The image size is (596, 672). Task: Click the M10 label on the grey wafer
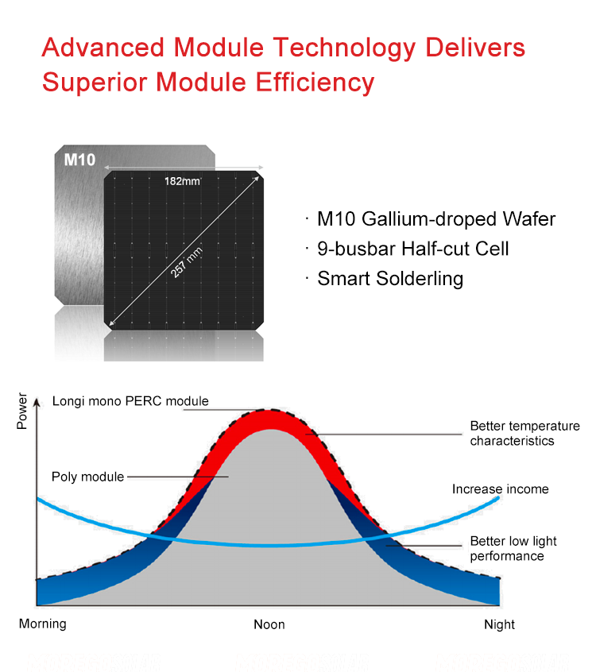point(79,160)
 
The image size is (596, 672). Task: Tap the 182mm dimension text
point(182,182)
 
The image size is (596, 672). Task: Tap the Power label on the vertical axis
point(22,411)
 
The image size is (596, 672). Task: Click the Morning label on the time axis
point(43,624)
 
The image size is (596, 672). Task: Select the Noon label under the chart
point(269,624)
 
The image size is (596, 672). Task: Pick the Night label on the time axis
point(499,624)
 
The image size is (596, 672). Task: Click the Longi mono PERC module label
point(130,401)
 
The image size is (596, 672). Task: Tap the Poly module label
point(87,477)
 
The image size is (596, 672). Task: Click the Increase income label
point(500,489)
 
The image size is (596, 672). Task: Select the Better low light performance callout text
point(513,548)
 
